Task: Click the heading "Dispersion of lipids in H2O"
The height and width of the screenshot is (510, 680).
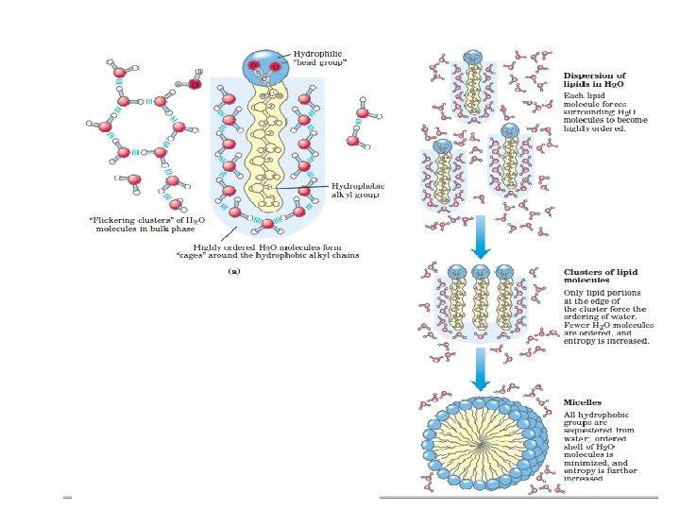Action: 594,79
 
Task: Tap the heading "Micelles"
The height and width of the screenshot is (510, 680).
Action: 582,403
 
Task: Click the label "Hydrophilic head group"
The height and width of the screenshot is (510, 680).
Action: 320,59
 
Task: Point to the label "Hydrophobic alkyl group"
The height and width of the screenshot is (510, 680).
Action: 358,191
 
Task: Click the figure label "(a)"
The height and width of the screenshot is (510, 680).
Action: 235,269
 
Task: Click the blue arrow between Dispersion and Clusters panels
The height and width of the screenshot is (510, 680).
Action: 481,237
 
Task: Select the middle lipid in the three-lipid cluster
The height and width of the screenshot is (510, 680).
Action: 480,303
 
